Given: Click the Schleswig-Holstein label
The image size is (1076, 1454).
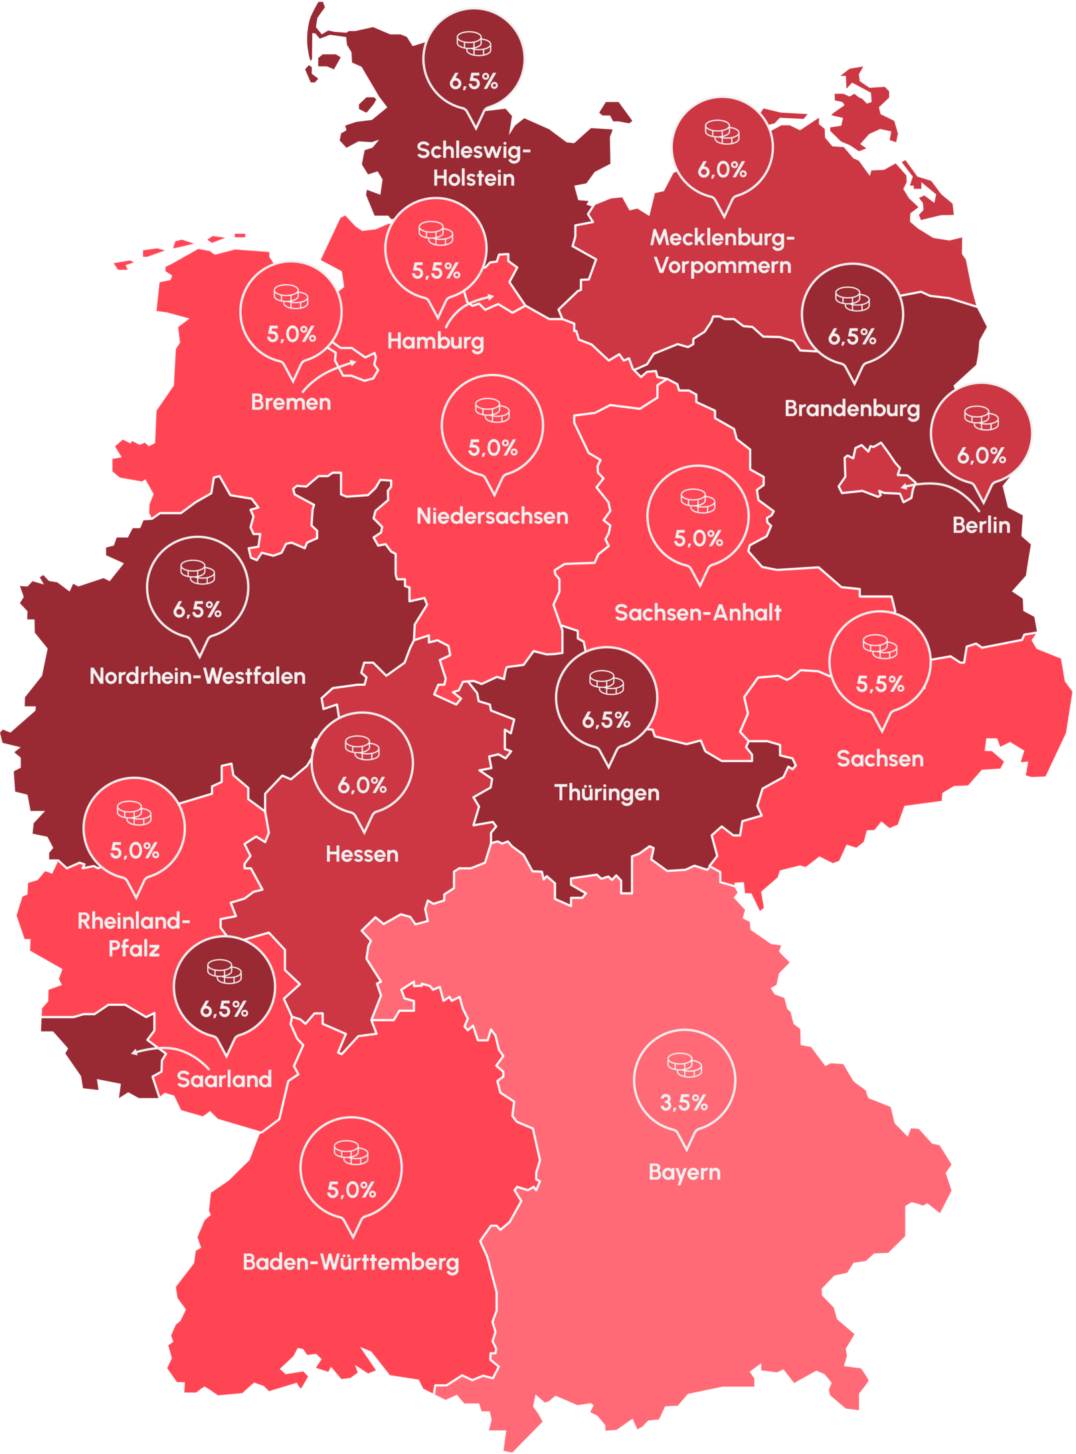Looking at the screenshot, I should point(474,164).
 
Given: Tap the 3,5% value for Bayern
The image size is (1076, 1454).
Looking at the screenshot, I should point(683,1103).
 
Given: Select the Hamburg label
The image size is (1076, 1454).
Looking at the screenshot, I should point(436,341).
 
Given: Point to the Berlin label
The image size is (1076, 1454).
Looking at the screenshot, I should point(981,525).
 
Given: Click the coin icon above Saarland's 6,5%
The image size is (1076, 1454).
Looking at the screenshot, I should point(224,971).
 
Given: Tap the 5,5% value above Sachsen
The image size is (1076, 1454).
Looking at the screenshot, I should point(879,684).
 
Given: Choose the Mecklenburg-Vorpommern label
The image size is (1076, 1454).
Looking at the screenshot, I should point(723,252).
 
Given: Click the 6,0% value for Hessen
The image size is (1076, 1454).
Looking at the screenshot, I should point(362,785).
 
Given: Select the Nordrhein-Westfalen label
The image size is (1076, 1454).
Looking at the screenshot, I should point(198,676).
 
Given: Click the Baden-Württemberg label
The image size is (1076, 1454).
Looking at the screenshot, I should point(351,1262).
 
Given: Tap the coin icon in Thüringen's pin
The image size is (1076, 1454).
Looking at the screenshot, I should point(606,682).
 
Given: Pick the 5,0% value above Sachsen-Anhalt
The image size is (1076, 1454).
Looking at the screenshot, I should point(698,538).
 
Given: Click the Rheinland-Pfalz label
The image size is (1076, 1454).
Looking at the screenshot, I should point(134,935).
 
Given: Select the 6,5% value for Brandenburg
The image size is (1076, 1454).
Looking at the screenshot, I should point(852,337).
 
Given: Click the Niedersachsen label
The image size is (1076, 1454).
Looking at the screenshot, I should point(492,516).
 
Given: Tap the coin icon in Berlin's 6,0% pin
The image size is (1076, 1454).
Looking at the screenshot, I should point(981,418).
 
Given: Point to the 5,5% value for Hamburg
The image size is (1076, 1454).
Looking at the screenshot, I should point(436,271).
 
